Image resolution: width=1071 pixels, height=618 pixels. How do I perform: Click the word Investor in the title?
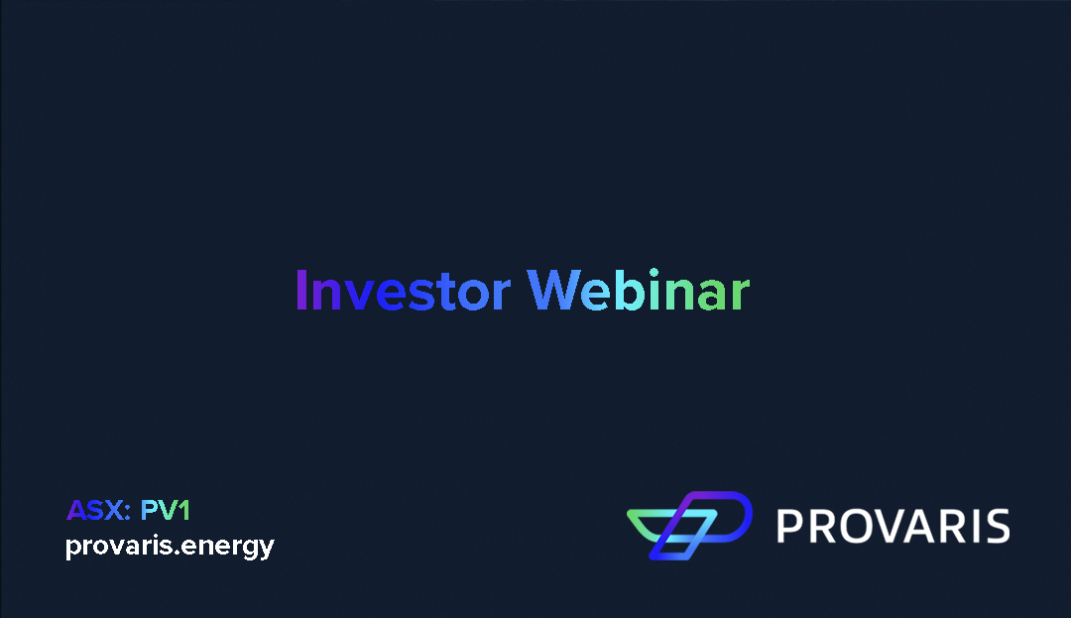pyautogui.click(x=403, y=291)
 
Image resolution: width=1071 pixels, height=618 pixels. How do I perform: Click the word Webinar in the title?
pyautogui.click(x=638, y=291)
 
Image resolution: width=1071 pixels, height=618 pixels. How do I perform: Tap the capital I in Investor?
pyautogui.click(x=301, y=291)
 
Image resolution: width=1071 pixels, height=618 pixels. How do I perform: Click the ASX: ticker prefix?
pyautogui.click(x=98, y=511)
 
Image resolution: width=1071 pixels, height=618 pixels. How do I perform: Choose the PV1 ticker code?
pyautogui.click(x=165, y=511)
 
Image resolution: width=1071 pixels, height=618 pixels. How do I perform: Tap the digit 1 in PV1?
pyautogui.click(x=183, y=511)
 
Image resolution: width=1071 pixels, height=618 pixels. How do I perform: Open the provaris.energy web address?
pyautogui.click(x=170, y=547)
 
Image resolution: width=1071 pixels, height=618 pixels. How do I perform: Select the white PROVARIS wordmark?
pyautogui.click(x=892, y=526)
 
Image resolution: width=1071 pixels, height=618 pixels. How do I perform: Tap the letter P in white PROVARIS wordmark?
pyautogui.click(x=787, y=526)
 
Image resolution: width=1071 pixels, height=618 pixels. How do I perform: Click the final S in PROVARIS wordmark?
pyautogui.click(x=997, y=526)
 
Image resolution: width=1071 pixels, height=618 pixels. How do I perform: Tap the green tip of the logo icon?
pyautogui.click(x=640, y=517)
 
